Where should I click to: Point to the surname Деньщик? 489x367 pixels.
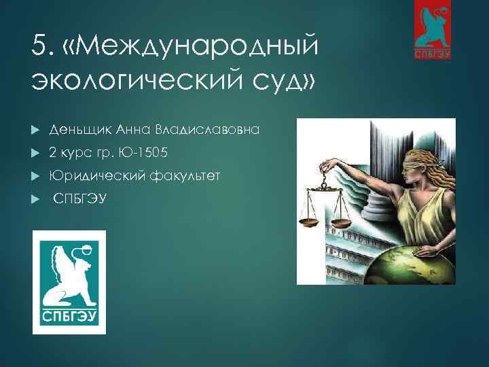pyautogui.click(x=79, y=128)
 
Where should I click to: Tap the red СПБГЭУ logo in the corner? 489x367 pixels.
pyautogui.click(x=433, y=30)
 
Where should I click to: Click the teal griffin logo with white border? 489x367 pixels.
pyautogui.click(x=69, y=282)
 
